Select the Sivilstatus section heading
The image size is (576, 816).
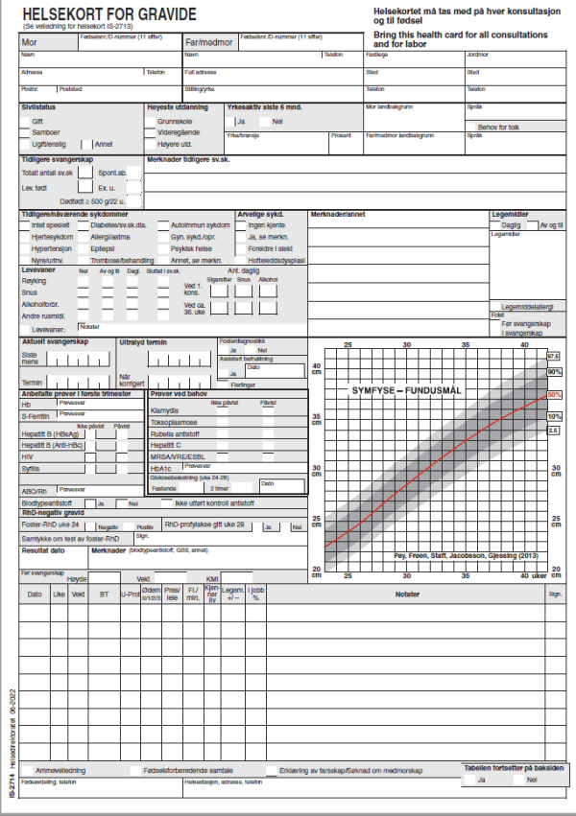point(39,107)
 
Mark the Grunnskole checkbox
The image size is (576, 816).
point(150,122)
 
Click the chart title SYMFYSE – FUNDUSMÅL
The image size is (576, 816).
point(407,391)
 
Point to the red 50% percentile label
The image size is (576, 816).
point(554,394)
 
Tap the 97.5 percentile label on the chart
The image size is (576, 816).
point(553,356)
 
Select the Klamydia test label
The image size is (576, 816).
point(165,410)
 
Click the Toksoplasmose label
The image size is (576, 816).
point(174,422)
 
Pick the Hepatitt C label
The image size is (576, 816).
point(166,445)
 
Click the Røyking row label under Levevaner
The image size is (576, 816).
point(35,280)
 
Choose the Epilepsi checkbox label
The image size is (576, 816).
point(106,247)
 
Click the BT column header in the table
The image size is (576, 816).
point(103,595)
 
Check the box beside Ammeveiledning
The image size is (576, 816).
point(27,770)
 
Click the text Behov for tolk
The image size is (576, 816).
point(499,126)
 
